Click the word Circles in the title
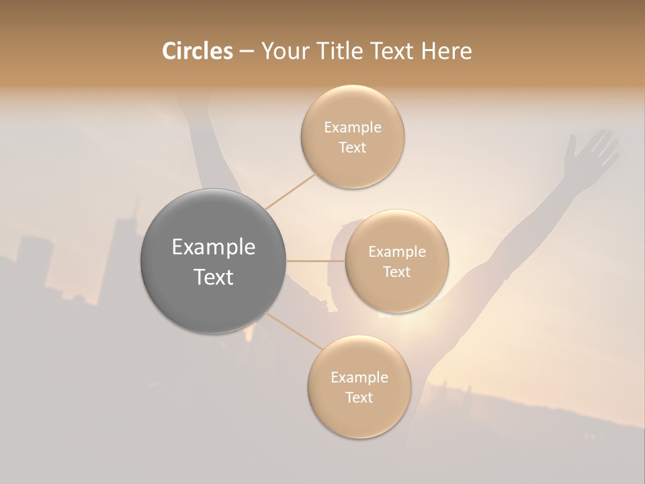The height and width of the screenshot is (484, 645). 197,51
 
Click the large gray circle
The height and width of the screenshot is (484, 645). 213,261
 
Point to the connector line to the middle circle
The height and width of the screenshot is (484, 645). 316,261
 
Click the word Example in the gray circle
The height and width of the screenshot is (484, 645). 213,247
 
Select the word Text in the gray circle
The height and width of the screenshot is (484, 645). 213,277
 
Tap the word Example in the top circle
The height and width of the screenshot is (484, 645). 353,127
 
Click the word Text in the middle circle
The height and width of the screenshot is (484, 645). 396,272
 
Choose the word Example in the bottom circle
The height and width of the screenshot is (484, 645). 359,377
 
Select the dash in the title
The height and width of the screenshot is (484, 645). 246,51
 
